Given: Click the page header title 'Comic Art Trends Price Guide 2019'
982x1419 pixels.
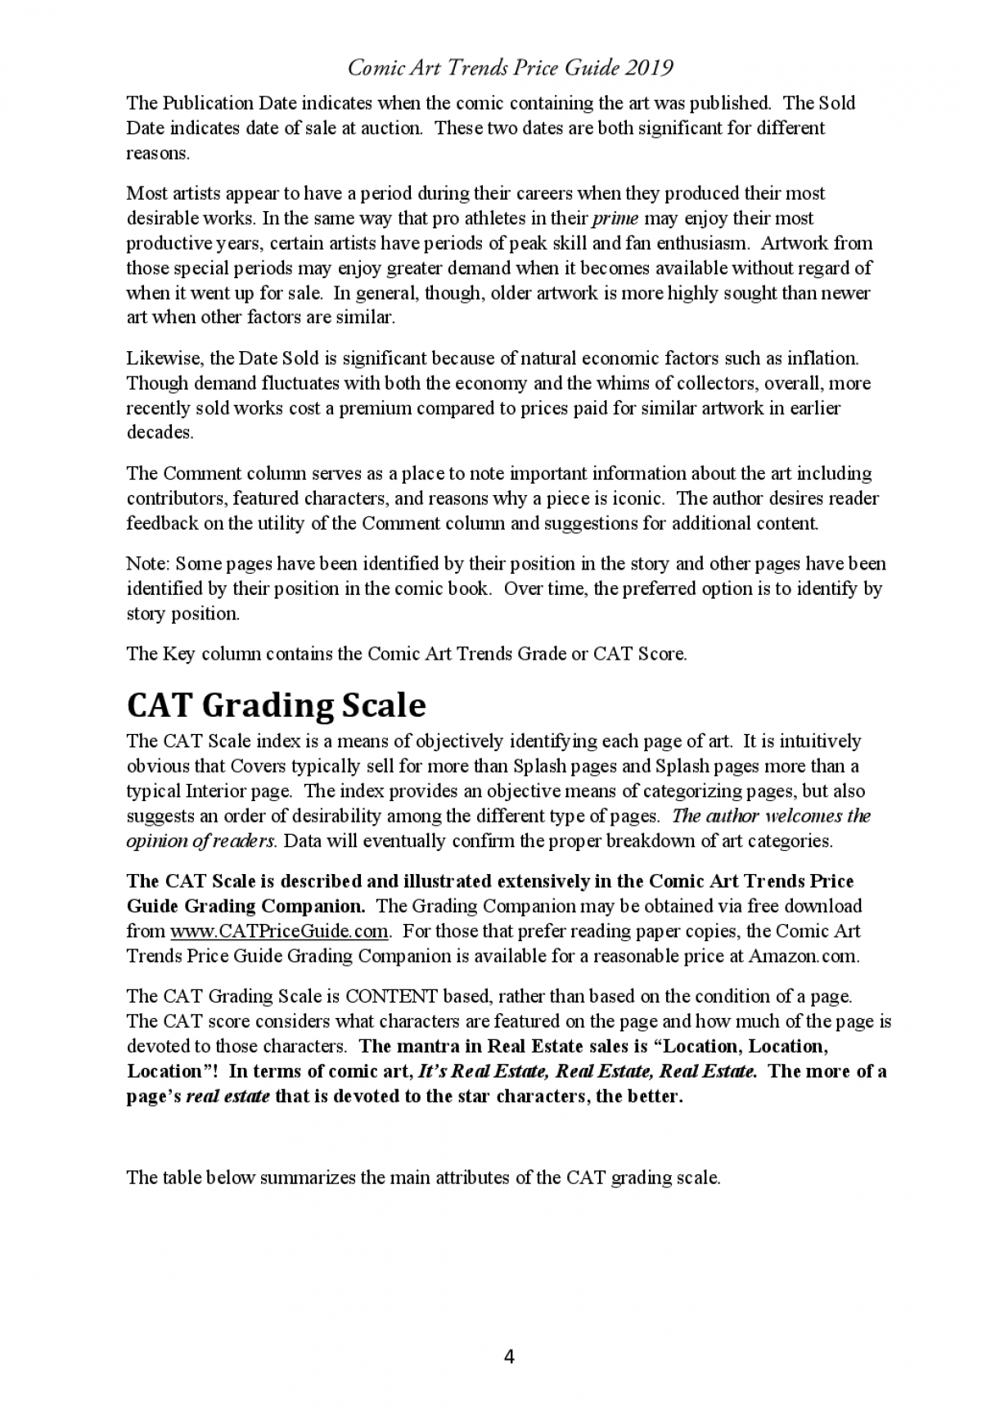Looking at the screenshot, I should click(510, 68).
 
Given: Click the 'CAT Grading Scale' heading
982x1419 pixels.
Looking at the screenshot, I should click(276, 705).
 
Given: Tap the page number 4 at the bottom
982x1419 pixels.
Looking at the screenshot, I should click(509, 1357).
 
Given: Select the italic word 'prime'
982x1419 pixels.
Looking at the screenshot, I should click(615, 218).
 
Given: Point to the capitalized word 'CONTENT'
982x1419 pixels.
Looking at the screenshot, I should click(391, 997).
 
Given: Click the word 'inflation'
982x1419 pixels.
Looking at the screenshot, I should click(823, 358).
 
